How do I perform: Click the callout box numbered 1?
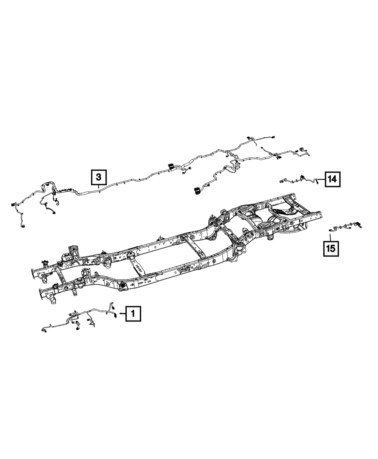click(x=133, y=313)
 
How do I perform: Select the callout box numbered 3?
click(x=98, y=177)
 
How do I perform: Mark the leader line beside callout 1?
click(x=122, y=313)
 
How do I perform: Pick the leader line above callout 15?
click(x=330, y=237)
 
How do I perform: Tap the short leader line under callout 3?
click(x=98, y=186)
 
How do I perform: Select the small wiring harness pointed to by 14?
click(x=299, y=179)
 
